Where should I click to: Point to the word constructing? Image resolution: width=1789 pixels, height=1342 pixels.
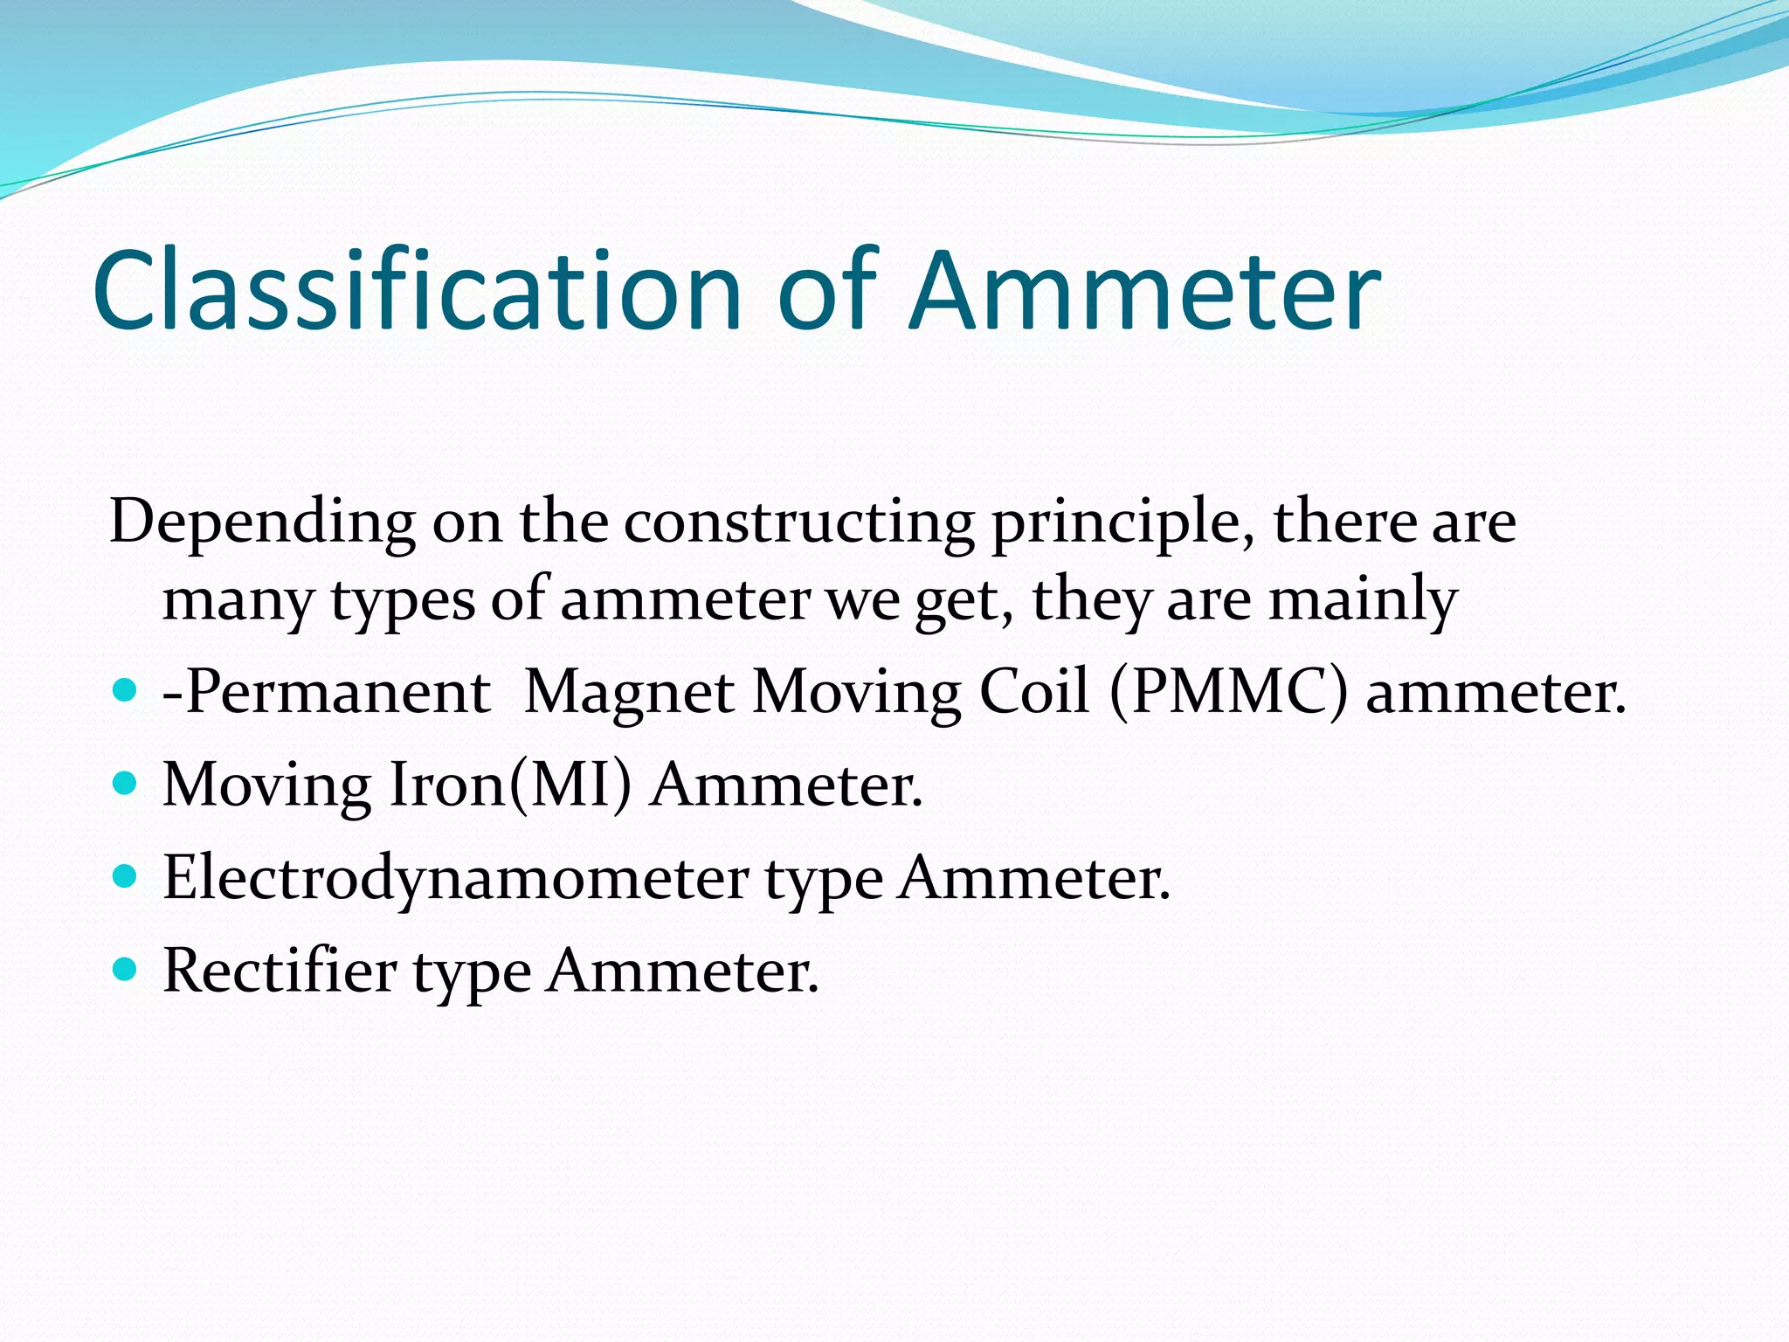798,522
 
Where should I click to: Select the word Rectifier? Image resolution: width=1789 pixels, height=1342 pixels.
279,971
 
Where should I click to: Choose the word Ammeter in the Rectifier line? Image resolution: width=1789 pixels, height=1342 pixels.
682,971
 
